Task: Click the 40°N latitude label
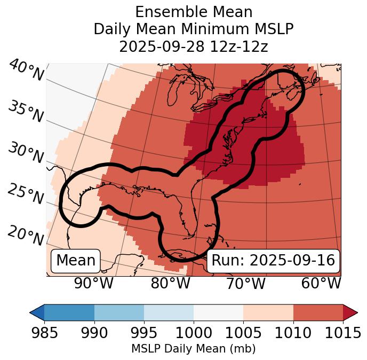tap(26, 71)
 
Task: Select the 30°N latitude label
tap(25, 153)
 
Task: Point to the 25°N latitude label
tap(25, 194)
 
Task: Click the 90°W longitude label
tap(94, 283)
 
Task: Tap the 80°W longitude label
tap(170, 283)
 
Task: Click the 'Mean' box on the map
tap(76, 261)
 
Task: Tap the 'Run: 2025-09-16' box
tap(273, 261)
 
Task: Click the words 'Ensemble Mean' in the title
tap(194, 12)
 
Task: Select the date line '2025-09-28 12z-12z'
tap(194, 46)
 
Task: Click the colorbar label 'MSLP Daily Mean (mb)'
tap(194, 349)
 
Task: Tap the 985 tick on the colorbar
tap(44, 333)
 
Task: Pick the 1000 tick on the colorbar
tap(194, 333)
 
